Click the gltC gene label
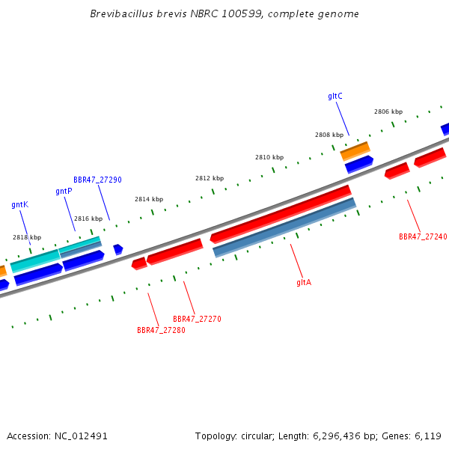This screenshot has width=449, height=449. pyautogui.click(x=335, y=96)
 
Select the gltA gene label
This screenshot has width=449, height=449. pyautogui.click(x=304, y=282)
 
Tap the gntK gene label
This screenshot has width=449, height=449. pyautogui.click(x=19, y=204)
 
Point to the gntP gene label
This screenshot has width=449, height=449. pyautogui.click(x=64, y=191)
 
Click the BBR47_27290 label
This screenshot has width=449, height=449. pyautogui.click(x=97, y=180)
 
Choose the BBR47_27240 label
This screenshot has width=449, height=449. pyautogui.click(x=423, y=236)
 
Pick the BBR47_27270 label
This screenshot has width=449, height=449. pyautogui.click(x=197, y=319)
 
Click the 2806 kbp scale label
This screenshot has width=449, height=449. pyautogui.click(x=388, y=112)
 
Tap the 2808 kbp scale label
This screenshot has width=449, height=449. pyautogui.click(x=329, y=135)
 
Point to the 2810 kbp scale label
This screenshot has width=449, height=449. pyautogui.click(x=269, y=157)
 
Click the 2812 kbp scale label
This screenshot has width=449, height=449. pyautogui.click(x=210, y=178)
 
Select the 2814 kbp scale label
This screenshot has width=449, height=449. pyautogui.click(x=149, y=199)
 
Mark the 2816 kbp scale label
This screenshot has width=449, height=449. pyautogui.click(x=88, y=219)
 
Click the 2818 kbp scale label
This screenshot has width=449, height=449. pyautogui.click(x=27, y=237)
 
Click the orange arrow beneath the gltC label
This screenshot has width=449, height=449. pyautogui.click(x=355, y=150)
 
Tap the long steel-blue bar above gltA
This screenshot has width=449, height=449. pyautogui.click(x=284, y=227)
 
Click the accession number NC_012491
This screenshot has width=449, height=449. pyautogui.click(x=81, y=436)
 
